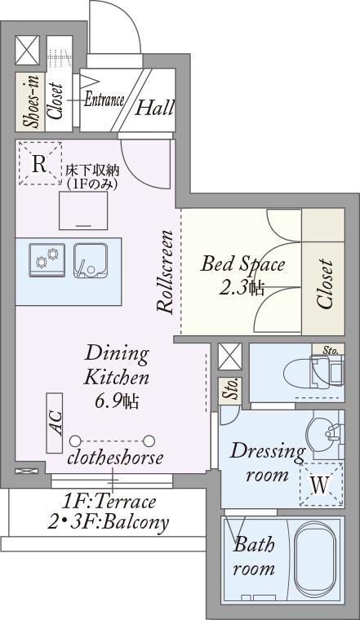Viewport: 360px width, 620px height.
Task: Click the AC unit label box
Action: pos(55,423)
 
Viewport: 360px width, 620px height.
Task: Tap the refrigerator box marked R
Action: pos(40,164)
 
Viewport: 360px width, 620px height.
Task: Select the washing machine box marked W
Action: pos(321,485)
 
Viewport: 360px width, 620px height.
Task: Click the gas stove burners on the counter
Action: pos(47,260)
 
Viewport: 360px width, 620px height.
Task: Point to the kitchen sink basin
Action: pos(91,260)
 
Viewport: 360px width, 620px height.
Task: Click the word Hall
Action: pos(154,107)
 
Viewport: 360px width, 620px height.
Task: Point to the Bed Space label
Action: pos(242,264)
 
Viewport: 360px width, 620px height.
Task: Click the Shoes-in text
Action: pos(31,102)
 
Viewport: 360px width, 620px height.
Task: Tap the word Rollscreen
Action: pos(165,272)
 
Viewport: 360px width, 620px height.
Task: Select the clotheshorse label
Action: pos(115,458)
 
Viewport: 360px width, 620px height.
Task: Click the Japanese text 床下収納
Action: pos(92,170)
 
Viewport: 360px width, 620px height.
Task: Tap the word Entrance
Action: pos(104,100)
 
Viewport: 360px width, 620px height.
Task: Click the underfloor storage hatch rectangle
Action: pos(83,210)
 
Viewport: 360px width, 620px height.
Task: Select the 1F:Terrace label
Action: pos(108,503)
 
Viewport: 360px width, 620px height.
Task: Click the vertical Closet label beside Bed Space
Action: pos(324,284)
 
